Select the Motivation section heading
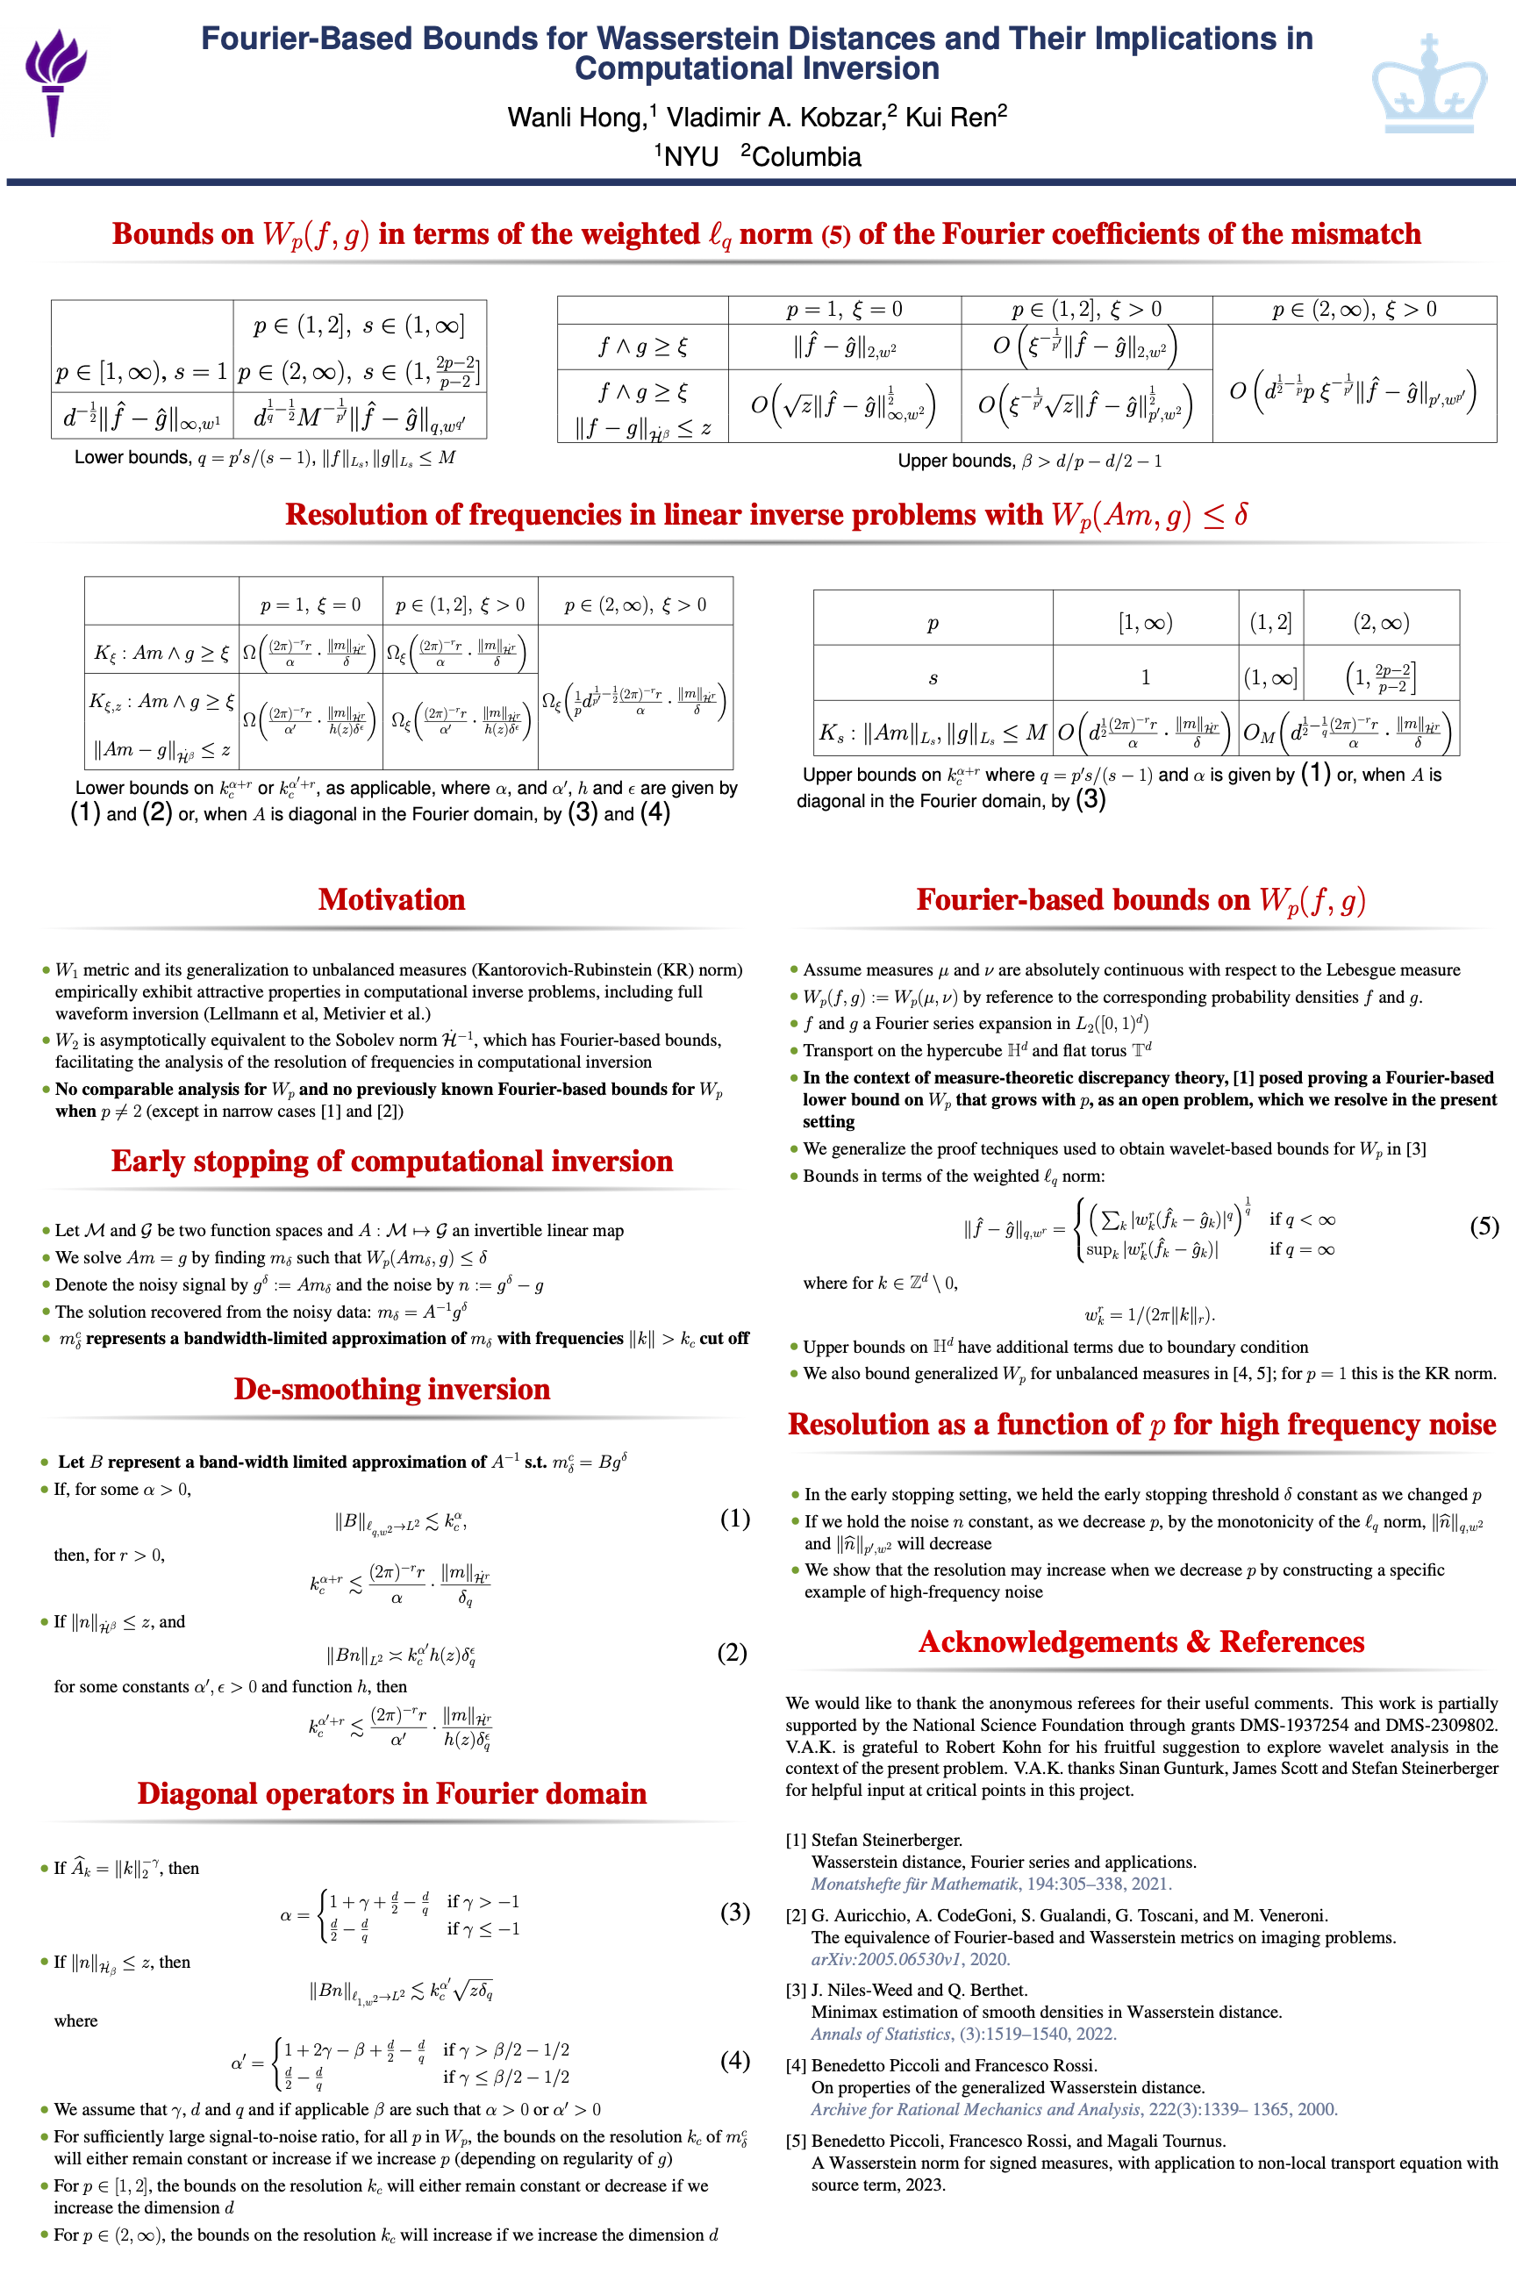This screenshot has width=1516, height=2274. tap(391, 899)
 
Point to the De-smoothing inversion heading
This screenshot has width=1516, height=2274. tap(391, 1389)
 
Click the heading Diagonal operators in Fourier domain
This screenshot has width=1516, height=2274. tap(391, 1792)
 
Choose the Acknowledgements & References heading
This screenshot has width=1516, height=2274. tap(1141, 1641)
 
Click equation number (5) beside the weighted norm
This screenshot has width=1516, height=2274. tap(1484, 1226)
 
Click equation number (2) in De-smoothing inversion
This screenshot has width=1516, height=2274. tap(732, 1652)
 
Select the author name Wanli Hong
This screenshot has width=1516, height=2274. tap(576, 118)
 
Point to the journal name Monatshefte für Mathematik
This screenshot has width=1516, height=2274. tap(915, 1884)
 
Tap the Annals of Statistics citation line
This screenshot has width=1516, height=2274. tap(963, 2034)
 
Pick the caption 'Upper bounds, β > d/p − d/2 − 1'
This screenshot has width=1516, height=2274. tap(1030, 461)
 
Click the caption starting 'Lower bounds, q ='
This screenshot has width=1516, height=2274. tap(264, 457)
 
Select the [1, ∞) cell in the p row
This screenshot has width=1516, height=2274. tap(1145, 623)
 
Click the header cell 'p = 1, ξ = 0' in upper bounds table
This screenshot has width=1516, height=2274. tap(844, 310)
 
